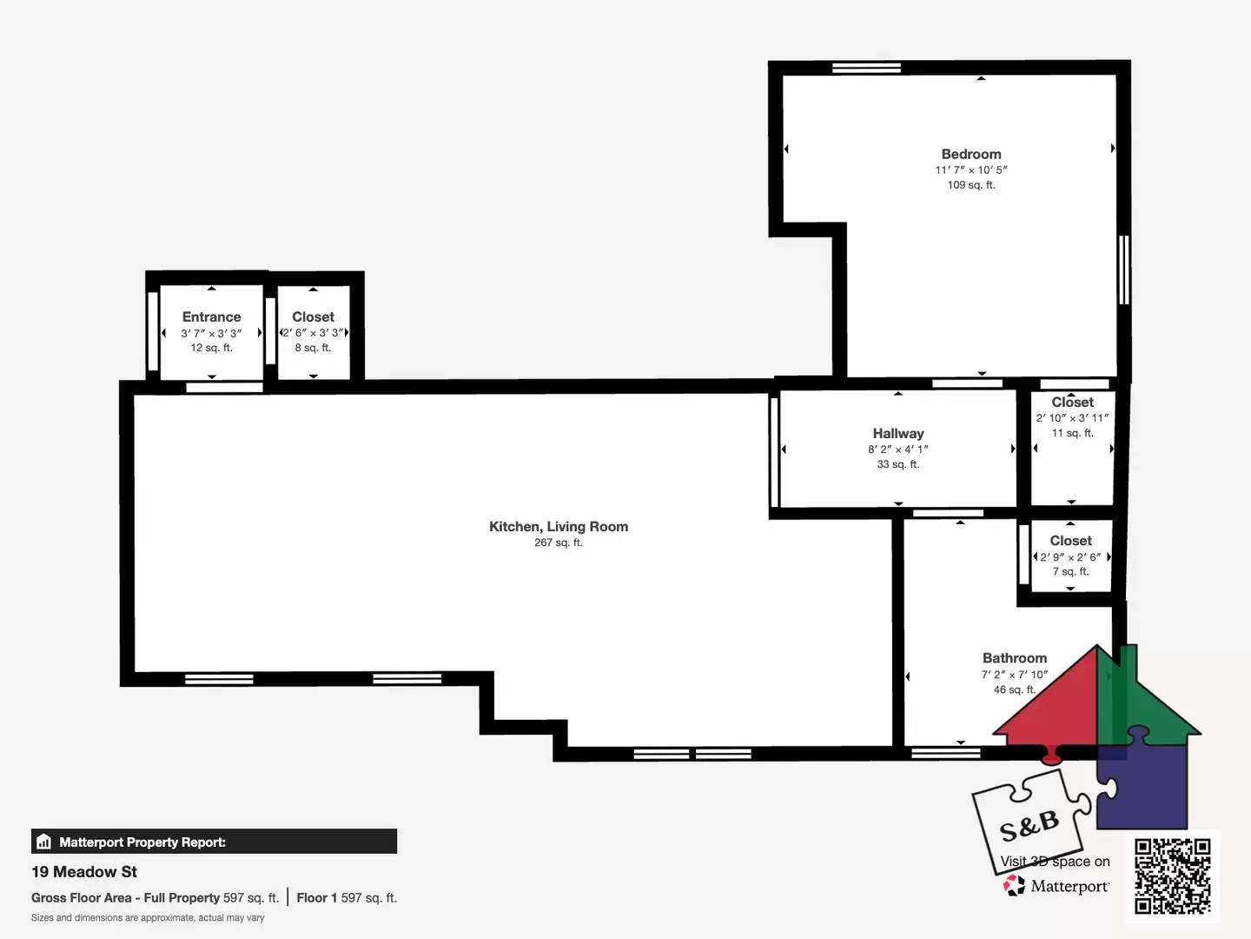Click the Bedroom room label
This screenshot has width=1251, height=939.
coord(971,154)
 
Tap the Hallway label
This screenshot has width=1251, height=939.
coord(898,433)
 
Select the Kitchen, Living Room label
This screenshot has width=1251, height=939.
coord(559,526)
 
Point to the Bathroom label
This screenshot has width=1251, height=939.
coord(1015,658)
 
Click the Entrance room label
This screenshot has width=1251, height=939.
coord(211,316)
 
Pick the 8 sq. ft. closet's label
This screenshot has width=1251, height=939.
coord(313,316)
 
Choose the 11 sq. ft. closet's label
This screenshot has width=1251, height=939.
coord(1073,402)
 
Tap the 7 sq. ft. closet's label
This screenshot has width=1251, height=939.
coord(1070,540)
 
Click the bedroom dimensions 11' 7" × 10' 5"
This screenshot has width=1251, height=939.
coord(971,170)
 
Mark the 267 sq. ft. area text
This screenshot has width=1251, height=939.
coord(559,543)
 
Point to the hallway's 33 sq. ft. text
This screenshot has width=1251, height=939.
coord(898,464)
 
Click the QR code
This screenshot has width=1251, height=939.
coord(1172,876)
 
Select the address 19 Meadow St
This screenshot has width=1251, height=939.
coord(84,872)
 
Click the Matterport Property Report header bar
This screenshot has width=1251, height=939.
coord(214,842)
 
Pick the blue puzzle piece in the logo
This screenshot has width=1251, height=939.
coord(1142,782)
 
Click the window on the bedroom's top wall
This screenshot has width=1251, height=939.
coord(866,68)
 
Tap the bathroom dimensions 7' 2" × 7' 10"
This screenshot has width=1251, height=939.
coord(1015,675)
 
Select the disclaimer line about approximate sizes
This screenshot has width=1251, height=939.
coord(148,918)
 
